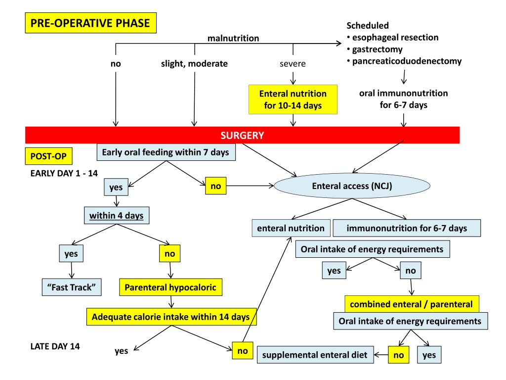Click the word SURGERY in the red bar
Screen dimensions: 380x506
243,135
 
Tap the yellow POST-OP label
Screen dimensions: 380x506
48,157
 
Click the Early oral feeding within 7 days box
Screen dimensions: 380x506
165,152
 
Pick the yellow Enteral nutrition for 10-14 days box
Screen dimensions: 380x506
293,99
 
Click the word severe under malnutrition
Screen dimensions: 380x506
293,64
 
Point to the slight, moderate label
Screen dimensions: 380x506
194,64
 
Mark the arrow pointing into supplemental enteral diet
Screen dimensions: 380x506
379,355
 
